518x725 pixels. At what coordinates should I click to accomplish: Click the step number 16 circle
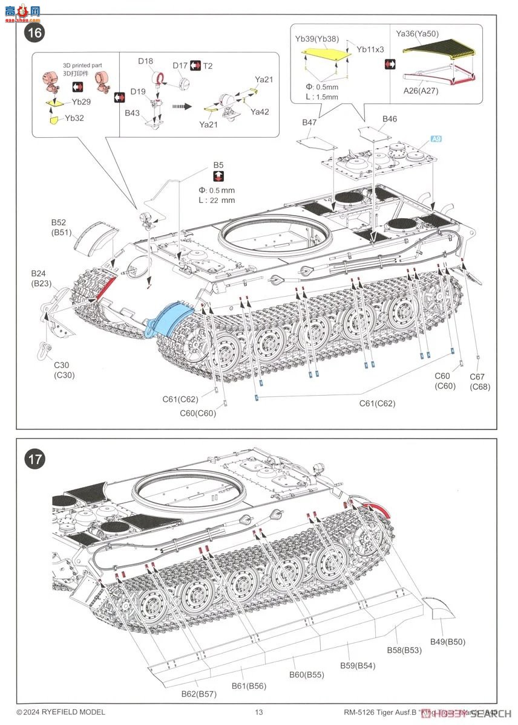click(34, 32)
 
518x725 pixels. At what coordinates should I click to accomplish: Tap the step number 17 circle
click(34, 459)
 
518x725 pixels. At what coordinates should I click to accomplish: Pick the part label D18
click(145, 61)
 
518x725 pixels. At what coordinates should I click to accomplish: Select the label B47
click(309, 123)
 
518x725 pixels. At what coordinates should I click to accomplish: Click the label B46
click(390, 119)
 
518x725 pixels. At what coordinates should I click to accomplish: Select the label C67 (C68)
click(479, 382)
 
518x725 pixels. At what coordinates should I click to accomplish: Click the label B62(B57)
click(198, 694)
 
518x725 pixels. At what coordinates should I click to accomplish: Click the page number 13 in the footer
click(258, 712)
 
